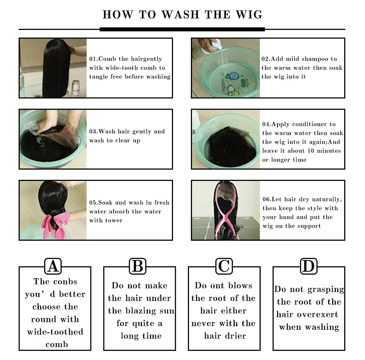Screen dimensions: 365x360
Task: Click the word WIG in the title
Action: [249, 15]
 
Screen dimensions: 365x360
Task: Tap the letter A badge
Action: [53, 266]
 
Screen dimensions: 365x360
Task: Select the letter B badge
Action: [138, 266]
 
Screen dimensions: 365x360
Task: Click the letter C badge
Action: [224, 266]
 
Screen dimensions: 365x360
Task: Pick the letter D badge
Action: [309, 266]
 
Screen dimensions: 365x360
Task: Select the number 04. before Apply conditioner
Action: [267, 124]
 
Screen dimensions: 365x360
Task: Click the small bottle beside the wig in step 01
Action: [76, 88]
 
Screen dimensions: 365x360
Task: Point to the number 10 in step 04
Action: [311, 151]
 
